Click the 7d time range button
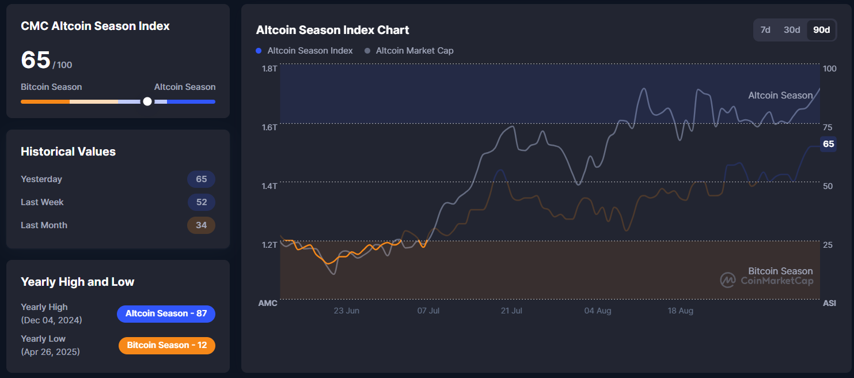[765, 30]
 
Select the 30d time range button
[792, 30]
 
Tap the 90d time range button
[821, 30]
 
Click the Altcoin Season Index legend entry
[304, 51]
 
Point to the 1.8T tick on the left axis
[270, 69]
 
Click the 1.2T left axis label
[270, 245]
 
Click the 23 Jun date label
[346, 311]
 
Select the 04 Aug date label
[598, 311]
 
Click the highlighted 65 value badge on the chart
[828, 144]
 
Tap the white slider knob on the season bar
[147, 101]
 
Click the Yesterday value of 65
[201, 179]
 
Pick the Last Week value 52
[201, 202]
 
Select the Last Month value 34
[201, 225]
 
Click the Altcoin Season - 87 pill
[166, 313]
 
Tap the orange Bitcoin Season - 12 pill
[167, 345]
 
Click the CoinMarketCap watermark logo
[728, 280]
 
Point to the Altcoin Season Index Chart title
[332, 30]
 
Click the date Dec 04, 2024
[51, 320]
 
